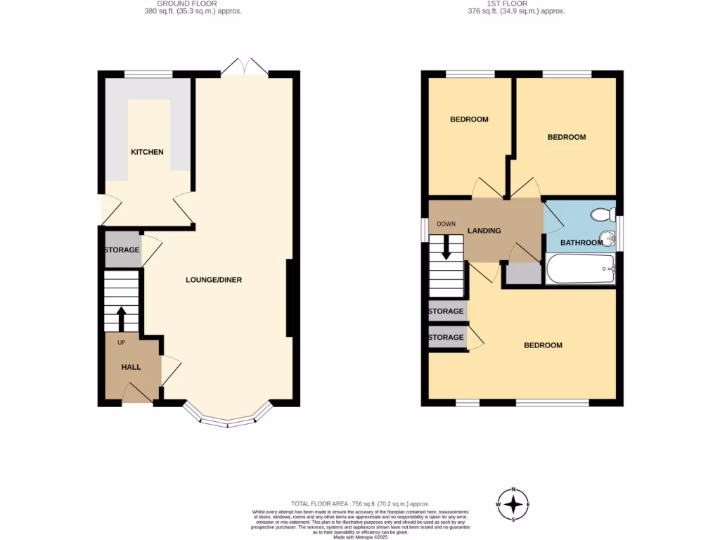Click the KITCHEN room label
(147, 152)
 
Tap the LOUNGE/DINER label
(214, 280)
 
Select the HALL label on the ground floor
(131, 367)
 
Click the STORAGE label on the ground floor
(122, 250)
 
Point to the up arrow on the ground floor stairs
(121, 317)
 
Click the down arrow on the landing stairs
(446, 248)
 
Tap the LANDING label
(484, 231)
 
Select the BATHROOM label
(581, 243)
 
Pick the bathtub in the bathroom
(581, 269)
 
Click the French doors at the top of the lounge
(243, 67)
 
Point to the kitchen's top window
(148, 73)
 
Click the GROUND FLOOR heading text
(187, 4)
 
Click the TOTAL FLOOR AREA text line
(361, 503)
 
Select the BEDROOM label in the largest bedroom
(543, 345)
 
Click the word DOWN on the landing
(446, 224)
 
